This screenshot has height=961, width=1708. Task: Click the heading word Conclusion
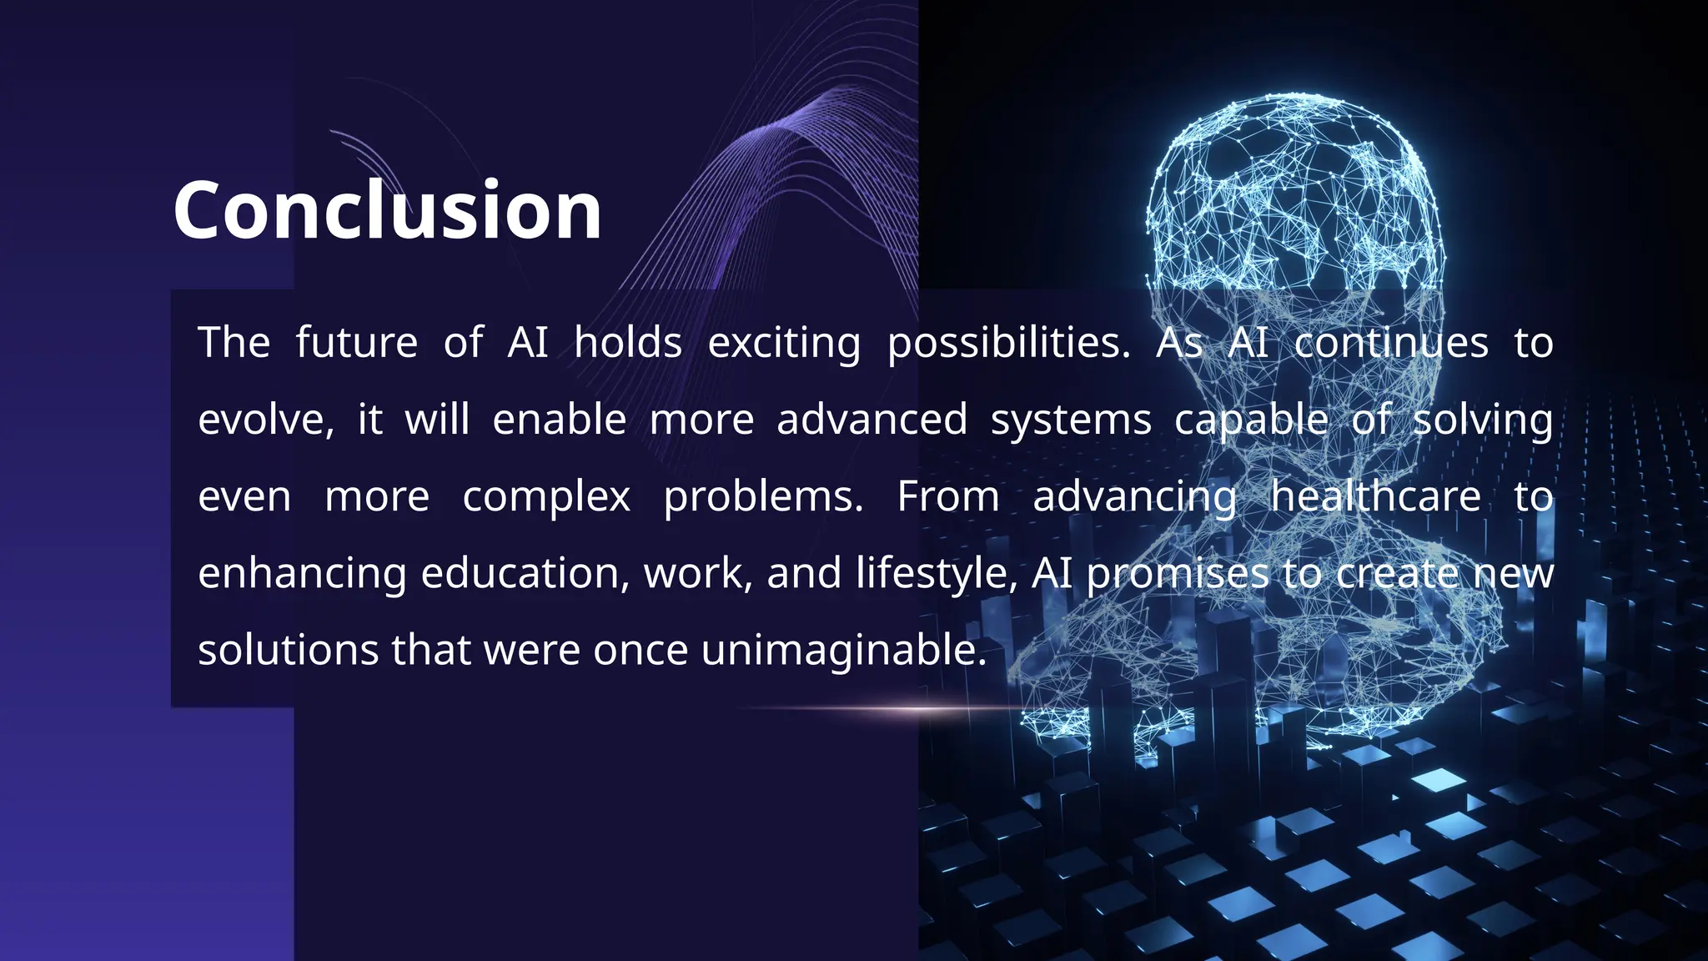[387, 210]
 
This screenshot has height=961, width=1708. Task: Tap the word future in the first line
[357, 343]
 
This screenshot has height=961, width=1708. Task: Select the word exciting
[784, 343]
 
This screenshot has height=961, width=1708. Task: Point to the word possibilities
[1008, 343]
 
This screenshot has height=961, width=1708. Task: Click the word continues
[1391, 343]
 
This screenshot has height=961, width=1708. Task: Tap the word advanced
[872, 420]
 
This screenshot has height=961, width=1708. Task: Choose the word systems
[1071, 420]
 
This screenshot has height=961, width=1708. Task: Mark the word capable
[1251, 420]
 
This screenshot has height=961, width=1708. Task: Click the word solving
[1483, 420]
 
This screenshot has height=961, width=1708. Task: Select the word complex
[546, 497]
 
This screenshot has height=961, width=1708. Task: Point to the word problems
[763, 497]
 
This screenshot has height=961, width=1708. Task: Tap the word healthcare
[1375, 496]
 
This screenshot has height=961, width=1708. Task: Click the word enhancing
[302, 574]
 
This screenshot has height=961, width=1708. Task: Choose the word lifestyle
[936, 574]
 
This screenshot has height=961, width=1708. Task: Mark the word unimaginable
[843, 651]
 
